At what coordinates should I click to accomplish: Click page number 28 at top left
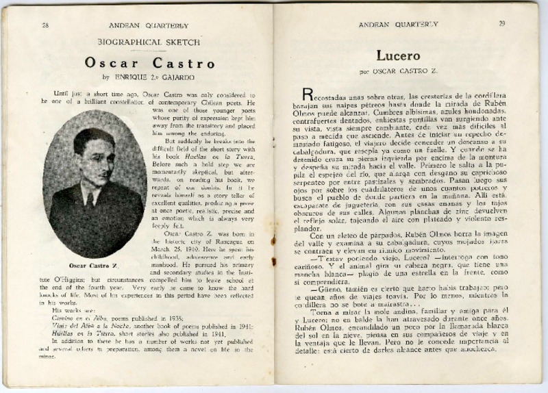pyautogui.click(x=45, y=25)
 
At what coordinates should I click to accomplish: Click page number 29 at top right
pyautogui.click(x=501, y=24)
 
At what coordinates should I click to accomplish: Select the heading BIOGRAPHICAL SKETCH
pyautogui.click(x=148, y=42)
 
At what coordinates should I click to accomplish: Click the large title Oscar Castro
pyautogui.click(x=150, y=63)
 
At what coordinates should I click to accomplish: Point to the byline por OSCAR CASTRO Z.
pyautogui.click(x=403, y=71)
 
